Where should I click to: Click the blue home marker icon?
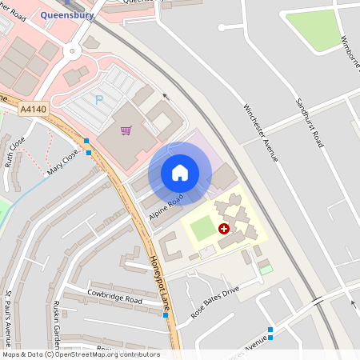tap(180, 172)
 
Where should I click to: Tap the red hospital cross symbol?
tap(224, 229)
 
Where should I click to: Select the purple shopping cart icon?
tap(126, 130)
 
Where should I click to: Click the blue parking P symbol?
tap(100, 100)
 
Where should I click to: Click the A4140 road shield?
tap(34, 108)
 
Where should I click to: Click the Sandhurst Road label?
tap(308, 122)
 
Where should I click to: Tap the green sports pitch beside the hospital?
tap(202, 228)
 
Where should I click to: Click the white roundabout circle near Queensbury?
tap(73, 51)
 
